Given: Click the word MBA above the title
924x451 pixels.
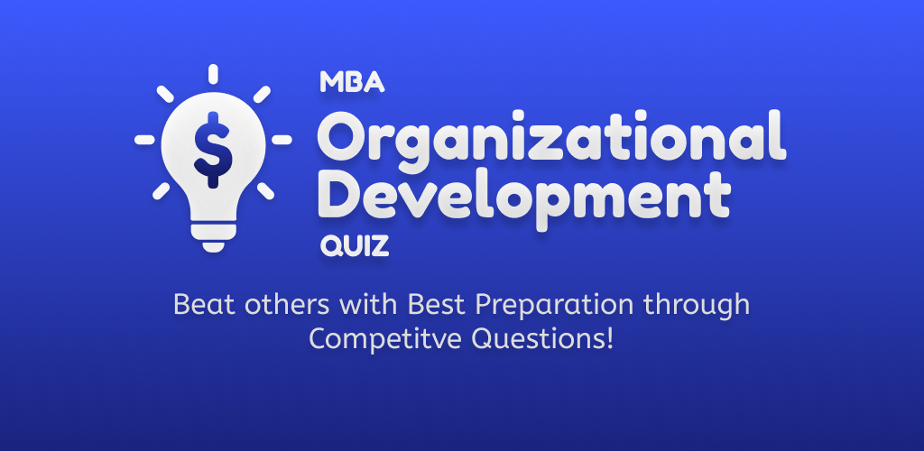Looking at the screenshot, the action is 353,82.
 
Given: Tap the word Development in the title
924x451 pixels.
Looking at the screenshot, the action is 524,198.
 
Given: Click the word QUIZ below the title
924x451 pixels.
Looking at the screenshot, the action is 355,245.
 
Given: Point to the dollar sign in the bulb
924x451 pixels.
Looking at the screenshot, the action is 213,150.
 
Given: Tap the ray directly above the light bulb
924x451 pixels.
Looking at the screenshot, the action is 213,74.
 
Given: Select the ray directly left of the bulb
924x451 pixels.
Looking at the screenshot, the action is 144,140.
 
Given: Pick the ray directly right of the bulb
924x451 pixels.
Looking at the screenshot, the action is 282,140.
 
